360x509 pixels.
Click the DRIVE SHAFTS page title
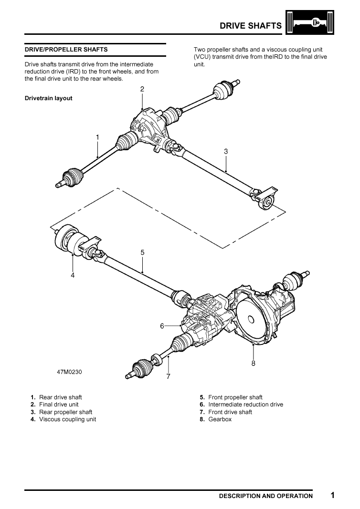pos(250,26)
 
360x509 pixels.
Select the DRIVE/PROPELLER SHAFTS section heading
pos(66,49)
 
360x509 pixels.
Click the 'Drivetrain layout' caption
pos(48,98)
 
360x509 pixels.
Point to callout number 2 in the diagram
pos(142,89)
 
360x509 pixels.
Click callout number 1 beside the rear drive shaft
pos(97,137)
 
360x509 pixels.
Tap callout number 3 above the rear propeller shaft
pos(226,151)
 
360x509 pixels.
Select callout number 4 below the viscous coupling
pos(73,275)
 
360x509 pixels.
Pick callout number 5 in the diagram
pos(142,252)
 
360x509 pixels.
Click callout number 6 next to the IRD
pos(162,326)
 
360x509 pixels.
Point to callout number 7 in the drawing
pos(168,376)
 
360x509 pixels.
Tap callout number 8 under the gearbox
pos(253,363)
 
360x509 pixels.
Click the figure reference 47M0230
pos(69,372)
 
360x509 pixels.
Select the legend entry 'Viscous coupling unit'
pos(67,419)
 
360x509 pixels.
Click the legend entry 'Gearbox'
pos(220,419)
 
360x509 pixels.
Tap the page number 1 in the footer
pos(332,495)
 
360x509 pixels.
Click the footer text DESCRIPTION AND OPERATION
pos(265,496)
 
